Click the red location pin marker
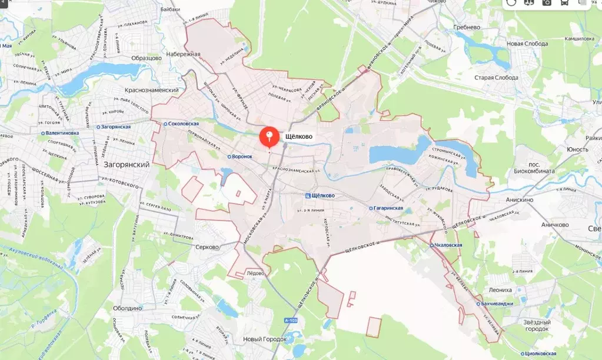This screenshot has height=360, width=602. [x=270, y=138]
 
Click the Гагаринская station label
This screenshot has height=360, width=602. [x=387, y=208]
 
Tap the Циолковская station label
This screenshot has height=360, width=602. [x=504, y=354]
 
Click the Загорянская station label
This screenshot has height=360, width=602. [x=119, y=126]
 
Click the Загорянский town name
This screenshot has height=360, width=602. [x=126, y=165]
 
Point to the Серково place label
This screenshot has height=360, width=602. [x=207, y=247]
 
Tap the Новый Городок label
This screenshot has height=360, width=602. [x=265, y=339]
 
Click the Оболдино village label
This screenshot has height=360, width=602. [x=128, y=308]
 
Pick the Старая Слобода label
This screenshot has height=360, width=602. [x=497, y=78]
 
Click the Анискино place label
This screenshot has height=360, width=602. [x=519, y=199]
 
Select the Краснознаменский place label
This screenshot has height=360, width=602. [x=152, y=89]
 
